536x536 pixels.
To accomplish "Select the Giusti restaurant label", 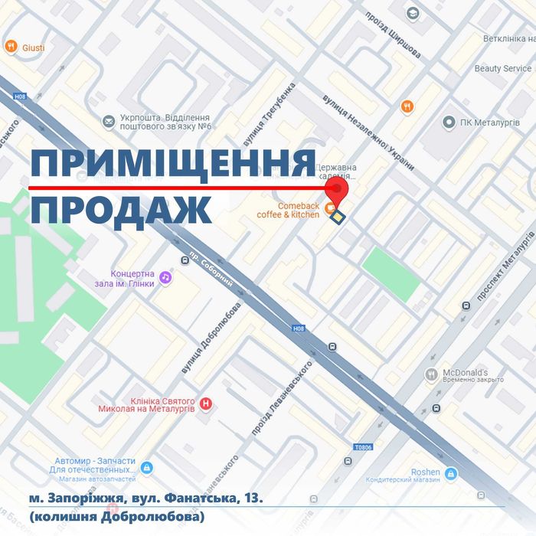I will pyautogui.click(x=34, y=47).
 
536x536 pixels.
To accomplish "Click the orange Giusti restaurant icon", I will pyautogui.click(x=11, y=47).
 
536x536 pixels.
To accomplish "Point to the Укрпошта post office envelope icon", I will pyautogui.click(x=108, y=121).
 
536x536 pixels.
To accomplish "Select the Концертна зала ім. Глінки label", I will pyautogui.click(x=132, y=279).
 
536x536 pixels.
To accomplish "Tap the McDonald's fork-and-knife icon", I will pyautogui.click(x=432, y=374).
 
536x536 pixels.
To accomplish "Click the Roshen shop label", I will pyautogui.click(x=425, y=472).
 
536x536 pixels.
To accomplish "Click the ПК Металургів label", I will pyautogui.click(x=490, y=123).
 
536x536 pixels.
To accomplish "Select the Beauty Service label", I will pyautogui.click(x=502, y=68).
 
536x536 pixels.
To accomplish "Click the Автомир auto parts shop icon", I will pyautogui.click(x=147, y=467).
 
